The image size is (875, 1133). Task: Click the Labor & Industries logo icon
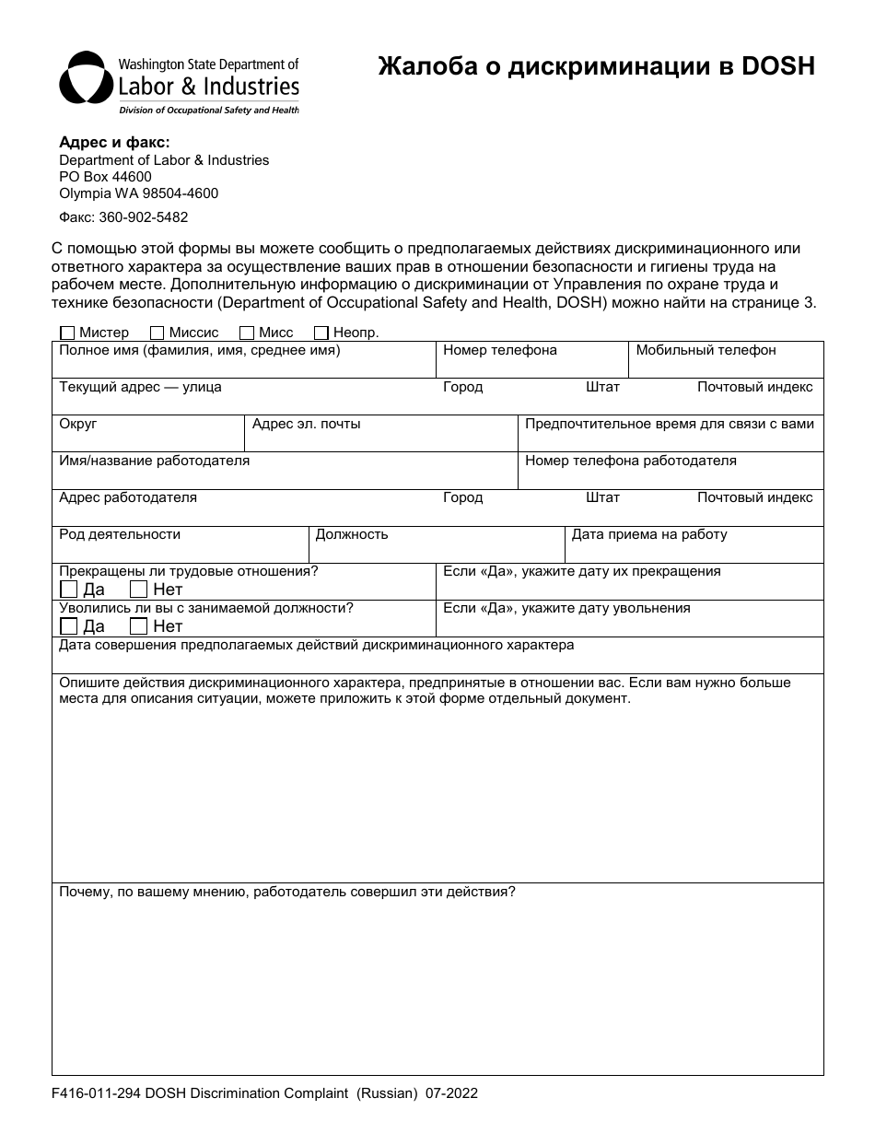(86, 78)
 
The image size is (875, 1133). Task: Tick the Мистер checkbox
(67, 333)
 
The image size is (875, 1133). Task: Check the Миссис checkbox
(157, 333)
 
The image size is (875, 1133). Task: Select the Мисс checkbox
(246, 333)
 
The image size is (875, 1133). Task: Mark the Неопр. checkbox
(321, 333)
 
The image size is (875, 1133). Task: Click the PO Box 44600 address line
(105, 177)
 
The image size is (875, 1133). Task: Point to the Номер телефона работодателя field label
(630, 461)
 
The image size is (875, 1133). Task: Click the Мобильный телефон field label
(706, 350)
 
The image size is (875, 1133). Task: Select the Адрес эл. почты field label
(306, 424)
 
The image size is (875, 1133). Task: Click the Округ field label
(78, 424)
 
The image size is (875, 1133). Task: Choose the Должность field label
(351, 534)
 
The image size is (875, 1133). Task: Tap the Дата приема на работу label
(648, 534)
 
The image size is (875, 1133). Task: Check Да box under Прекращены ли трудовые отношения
(68, 590)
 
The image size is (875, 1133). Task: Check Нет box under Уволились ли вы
(139, 626)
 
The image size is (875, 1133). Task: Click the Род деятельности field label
(120, 534)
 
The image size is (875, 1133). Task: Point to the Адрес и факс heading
(114, 142)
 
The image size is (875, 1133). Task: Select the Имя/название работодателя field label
(154, 461)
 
